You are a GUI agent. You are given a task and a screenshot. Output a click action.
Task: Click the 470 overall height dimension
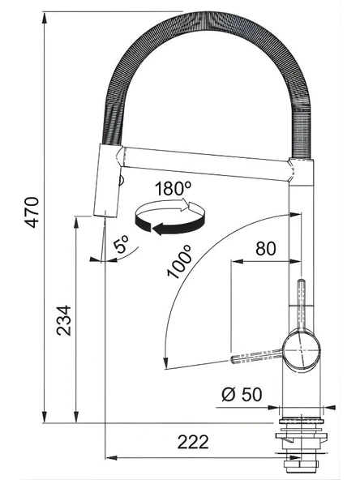tap(32, 212)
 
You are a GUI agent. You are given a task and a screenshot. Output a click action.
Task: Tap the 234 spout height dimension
tap(64, 320)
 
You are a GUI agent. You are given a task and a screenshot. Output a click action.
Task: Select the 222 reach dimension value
tap(193, 442)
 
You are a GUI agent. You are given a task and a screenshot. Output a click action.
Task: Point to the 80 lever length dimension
tap(266, 249)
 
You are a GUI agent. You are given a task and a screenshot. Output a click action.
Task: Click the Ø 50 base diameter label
tap(242, 394)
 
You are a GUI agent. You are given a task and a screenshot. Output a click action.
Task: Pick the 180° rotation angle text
tap(173, 188)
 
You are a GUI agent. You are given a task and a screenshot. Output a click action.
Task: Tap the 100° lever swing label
tap(180, 262)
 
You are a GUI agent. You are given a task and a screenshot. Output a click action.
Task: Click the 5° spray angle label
tap(122, 244)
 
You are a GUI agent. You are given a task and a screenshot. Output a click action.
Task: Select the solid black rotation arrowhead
tap(159, 229)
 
